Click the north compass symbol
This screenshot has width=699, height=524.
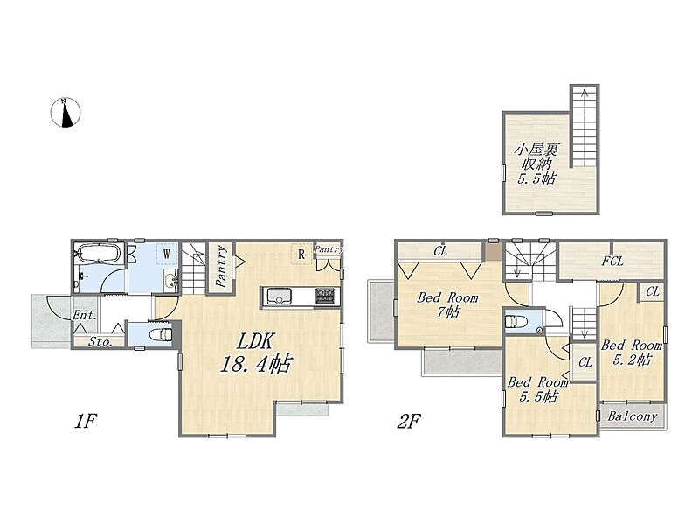66,113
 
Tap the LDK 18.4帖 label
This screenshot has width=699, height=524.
255,353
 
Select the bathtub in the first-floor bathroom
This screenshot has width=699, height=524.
100,254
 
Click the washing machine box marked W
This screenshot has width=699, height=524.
167,255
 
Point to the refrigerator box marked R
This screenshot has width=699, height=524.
301,255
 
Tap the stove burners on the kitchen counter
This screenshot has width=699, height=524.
325,296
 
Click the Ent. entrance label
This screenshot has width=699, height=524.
85,315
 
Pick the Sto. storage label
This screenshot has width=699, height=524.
100,342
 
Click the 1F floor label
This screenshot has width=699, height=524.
85,422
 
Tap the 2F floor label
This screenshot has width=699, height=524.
409,422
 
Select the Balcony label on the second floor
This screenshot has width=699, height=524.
633,417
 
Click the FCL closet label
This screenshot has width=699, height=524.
612,261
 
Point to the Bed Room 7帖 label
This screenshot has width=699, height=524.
447,304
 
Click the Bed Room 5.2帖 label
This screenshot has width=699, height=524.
631,353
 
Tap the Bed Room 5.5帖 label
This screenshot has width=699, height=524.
538,389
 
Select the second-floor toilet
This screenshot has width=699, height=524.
516,321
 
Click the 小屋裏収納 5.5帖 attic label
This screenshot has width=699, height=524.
536,164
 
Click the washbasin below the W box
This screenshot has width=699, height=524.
170,281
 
